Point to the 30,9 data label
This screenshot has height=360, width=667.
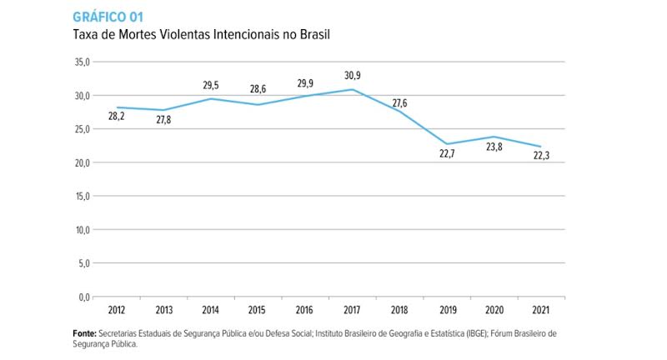point(353,76)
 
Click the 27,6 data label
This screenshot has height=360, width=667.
point(399,103)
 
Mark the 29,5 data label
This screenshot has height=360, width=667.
point(211,85)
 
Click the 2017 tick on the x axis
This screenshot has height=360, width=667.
point(353,311)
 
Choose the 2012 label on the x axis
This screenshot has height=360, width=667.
point(117,311)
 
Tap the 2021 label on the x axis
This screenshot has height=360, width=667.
point(541,311)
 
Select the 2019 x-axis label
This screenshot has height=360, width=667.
point(447,311)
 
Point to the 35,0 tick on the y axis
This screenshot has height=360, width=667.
point(81,62)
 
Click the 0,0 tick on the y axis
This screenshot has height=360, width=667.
point(83,297)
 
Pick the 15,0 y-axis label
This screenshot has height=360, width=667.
point(81,196)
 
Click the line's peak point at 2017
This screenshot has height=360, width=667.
point(353,89)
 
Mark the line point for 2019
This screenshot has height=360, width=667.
point(447,144)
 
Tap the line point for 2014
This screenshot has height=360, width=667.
point(211,98)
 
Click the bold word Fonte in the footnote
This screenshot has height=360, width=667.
point(84,332)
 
